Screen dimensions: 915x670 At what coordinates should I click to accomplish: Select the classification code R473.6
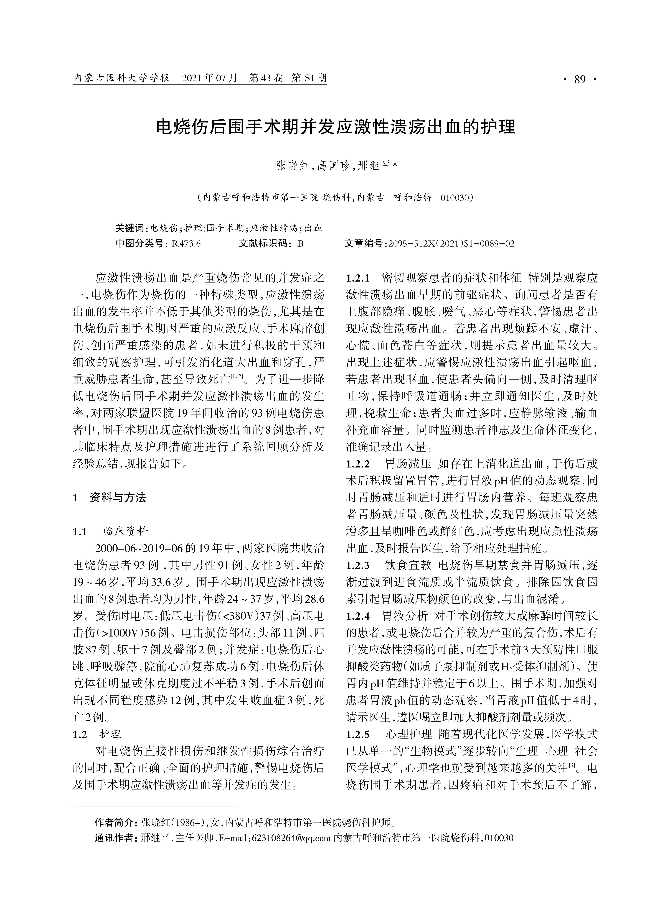(x=186, y=244)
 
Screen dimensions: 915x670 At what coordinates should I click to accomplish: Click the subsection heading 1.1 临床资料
(x=110, y=531)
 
